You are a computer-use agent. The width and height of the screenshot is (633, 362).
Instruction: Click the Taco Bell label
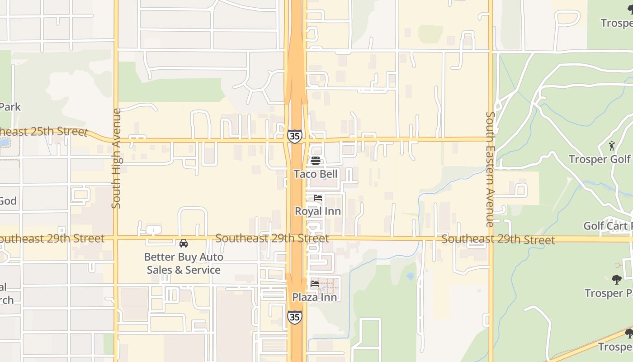point(316,174)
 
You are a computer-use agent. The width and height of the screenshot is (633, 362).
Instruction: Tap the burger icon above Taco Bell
point(316,161)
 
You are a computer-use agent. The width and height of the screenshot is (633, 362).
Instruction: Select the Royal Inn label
point(317,211)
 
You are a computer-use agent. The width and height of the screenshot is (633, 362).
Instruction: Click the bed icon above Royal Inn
point(318,198)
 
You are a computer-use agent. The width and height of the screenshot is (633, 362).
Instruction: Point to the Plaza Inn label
point(314,297)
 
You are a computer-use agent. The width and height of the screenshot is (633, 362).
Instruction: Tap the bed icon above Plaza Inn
point(315,284)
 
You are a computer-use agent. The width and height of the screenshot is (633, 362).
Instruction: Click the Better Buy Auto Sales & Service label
point(184,263)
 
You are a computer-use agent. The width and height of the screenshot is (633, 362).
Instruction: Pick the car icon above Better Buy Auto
point(184,243)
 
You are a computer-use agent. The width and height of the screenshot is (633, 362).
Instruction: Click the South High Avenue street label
point(116,158)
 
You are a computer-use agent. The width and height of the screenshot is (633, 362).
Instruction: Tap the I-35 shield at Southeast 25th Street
point(294,136)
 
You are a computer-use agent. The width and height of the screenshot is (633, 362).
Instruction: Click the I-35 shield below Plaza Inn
point(294,317)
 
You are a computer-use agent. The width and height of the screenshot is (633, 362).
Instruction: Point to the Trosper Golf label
point(600,159)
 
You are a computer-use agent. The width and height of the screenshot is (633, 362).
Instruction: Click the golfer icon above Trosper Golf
point(612,146)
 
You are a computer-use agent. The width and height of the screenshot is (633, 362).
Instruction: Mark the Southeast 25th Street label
point(43,132)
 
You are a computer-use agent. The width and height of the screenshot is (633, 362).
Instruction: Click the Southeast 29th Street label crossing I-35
point(272,238)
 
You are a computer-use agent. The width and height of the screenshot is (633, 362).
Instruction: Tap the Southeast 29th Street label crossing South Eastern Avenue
point(498,239)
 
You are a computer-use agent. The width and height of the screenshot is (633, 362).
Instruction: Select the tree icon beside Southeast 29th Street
point(616,280)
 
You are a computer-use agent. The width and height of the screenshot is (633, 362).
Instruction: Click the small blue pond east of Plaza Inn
point(410,276)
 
